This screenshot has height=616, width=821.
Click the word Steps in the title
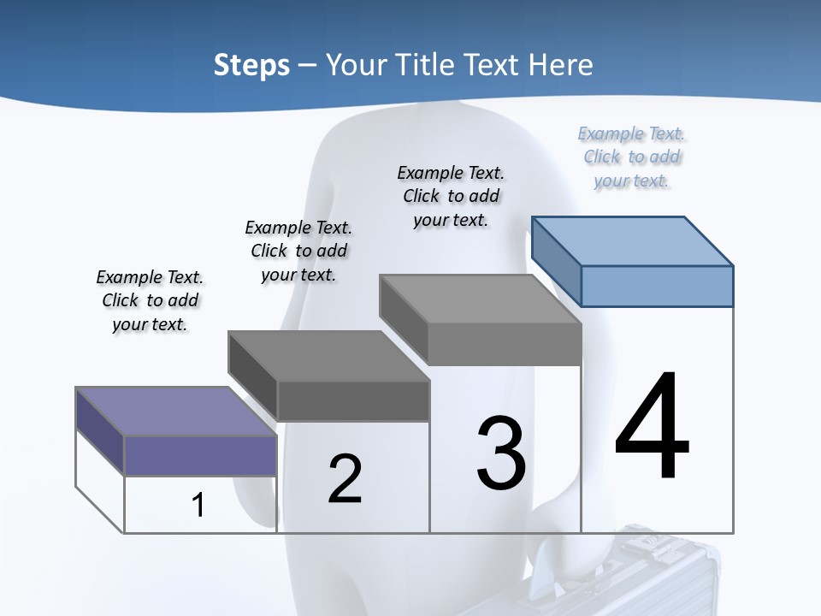[x=251, y=65]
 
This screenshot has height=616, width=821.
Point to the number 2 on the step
[x=345, y=478]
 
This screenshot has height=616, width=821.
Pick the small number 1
[x=198, y=505]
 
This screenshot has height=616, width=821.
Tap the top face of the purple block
[x=175, y=412]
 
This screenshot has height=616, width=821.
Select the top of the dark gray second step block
[x=328, y=355]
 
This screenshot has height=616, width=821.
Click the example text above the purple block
[x=150, y=300]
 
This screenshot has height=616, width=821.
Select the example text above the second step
[x=298, y=251]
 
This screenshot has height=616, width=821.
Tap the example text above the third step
[x=451, y=196]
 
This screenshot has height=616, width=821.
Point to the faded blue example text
[x=631, y=157]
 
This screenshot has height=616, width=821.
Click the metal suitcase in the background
[x=650, y=573]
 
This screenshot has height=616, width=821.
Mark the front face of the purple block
[x=200, y=455]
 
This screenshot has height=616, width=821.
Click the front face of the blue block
[x=657, y=286]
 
